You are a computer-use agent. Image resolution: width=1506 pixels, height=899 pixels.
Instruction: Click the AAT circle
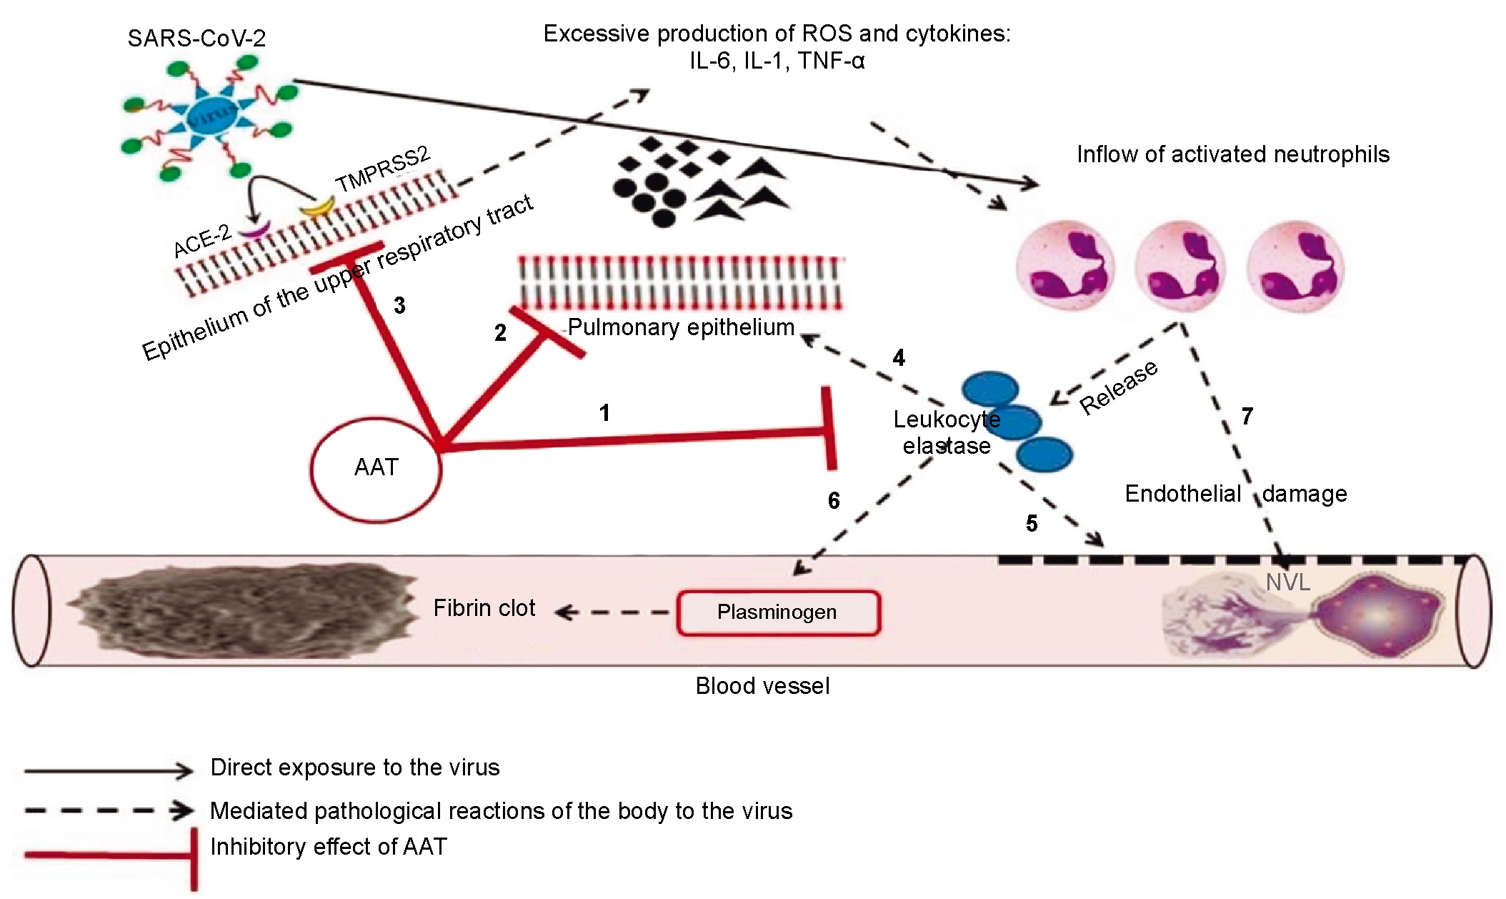point(376,468)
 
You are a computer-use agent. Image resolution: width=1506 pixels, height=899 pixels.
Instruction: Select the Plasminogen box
point(778,612)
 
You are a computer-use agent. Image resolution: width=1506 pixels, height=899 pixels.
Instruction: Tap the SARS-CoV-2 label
point(196,38)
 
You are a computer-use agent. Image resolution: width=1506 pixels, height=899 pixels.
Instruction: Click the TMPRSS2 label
point(383,169)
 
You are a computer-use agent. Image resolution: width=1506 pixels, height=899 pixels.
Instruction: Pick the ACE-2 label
point(202,240)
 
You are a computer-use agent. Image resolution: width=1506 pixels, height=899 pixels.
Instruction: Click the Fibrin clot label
point(484,608)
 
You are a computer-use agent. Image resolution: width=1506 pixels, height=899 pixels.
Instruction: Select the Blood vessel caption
point(762,686)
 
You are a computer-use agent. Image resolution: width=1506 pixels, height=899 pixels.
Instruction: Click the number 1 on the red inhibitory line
point(604,413)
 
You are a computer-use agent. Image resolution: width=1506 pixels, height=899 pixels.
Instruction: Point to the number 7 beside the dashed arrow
point(1247,416)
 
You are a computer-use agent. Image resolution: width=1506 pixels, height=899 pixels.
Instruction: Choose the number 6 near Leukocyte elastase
point(833,500)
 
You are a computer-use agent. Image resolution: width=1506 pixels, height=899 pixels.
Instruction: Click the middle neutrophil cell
point(1180,269)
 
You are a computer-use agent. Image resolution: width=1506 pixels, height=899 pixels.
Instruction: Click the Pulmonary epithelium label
point(681,327)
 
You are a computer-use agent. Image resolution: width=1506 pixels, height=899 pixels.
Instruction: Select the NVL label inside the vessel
point(1287,582)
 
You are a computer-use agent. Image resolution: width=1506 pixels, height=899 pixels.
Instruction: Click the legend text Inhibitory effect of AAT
point(328,847)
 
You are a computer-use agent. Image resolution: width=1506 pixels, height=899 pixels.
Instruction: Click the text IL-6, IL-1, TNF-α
point(777,61)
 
